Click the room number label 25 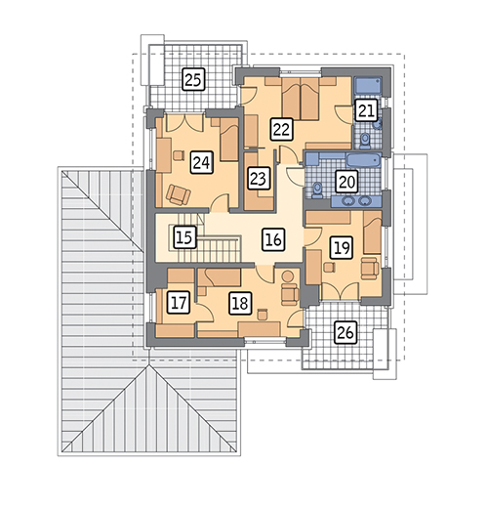193,79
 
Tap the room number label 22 282,129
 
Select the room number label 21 366,110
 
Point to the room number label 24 202,162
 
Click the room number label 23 259,179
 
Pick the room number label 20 346,182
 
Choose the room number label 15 184,236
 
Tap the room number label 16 274,239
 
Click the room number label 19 342,248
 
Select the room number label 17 179,303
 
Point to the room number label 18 240,303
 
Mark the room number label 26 346,332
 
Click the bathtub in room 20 363,160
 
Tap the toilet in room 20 317,190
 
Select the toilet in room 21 365,141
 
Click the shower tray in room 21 368,85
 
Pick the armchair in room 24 178,194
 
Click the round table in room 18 288,276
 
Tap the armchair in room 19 370,269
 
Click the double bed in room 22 301,99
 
